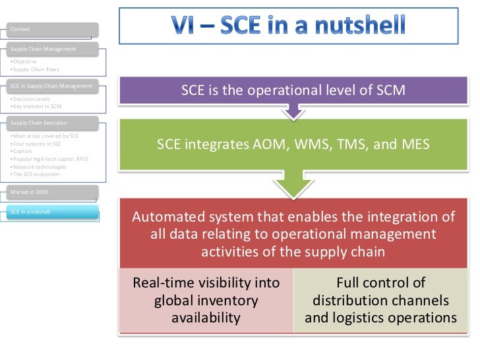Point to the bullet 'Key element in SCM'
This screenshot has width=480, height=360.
[37, 106]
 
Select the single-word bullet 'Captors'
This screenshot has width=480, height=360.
[24, 150]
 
